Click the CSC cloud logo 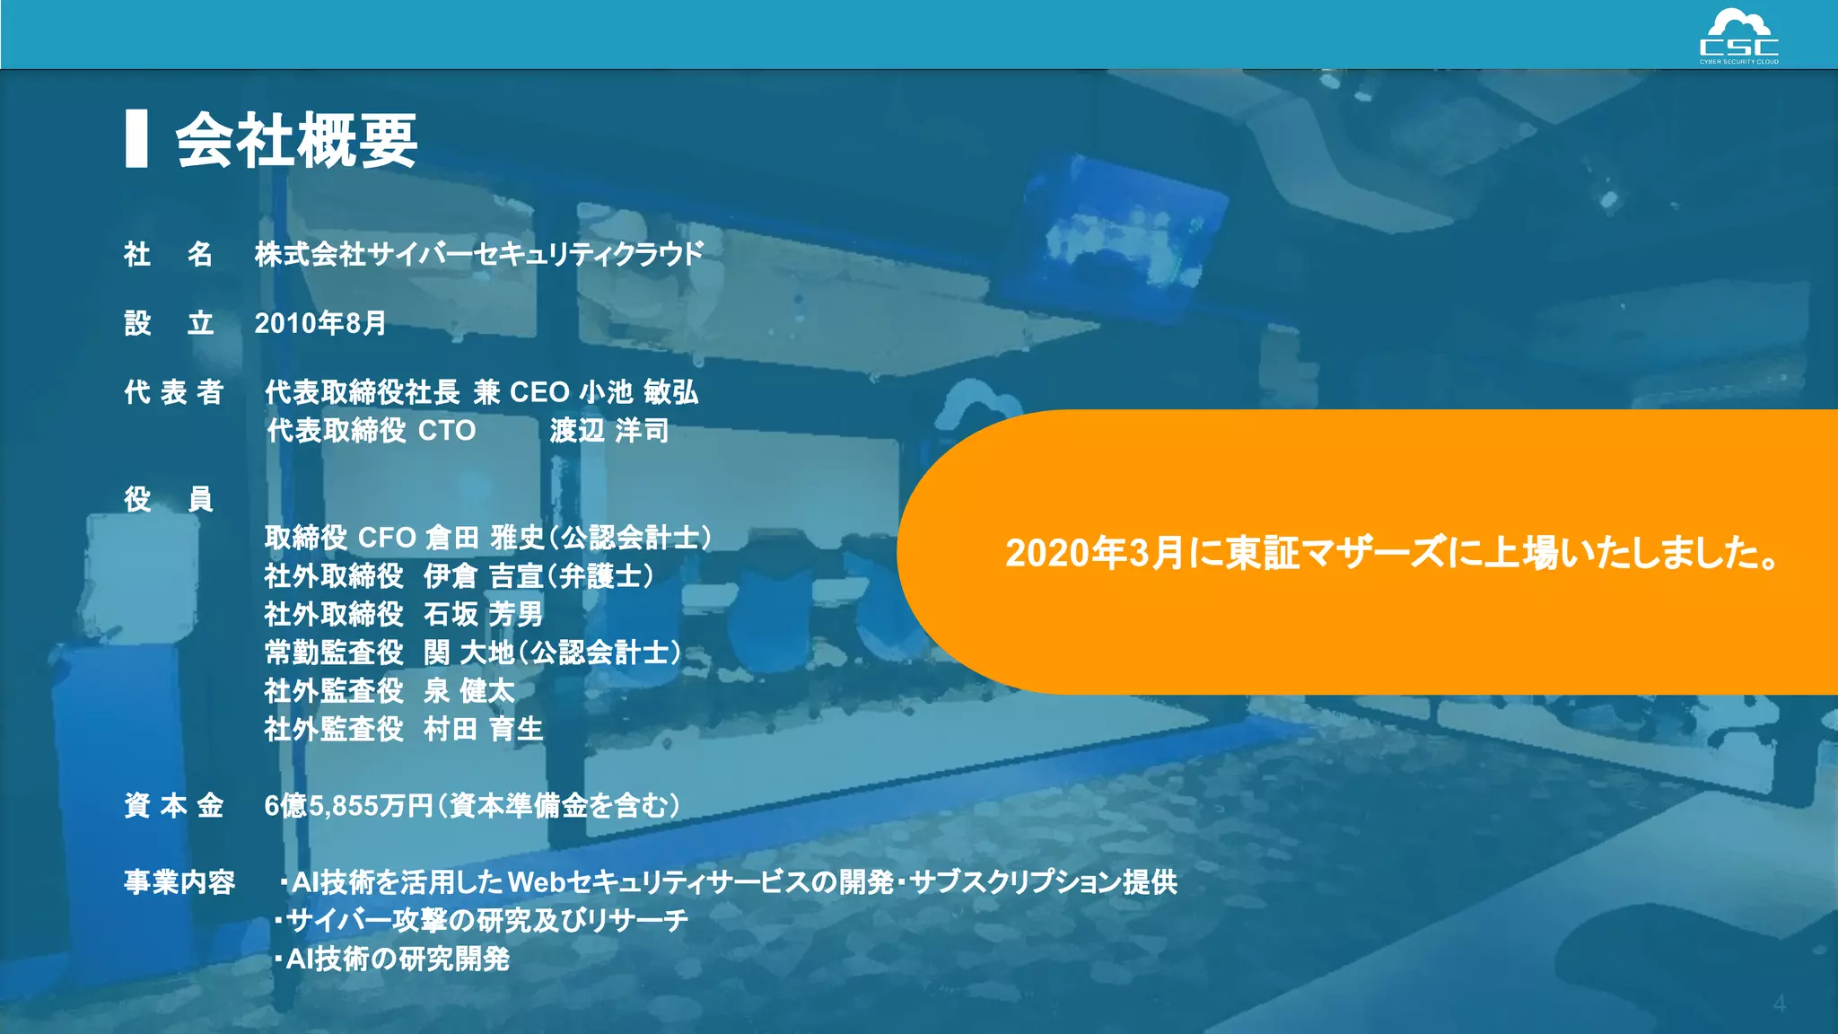(x=1738, y=36)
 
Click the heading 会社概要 (x=296, y=141)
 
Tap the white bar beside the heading (x=136, y=139)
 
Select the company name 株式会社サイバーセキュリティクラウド (x=478, y=255)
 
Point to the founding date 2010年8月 (x=320, y=323)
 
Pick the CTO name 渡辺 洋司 (x=609, y=431)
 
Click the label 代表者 (x=173, y=392)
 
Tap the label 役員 (x=169, y=499)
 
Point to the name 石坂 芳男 (x=483, y=615)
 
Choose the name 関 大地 (x=468, y=653)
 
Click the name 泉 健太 (x=468, y=691)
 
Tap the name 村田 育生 (x=483, y=729)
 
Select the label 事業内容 (x=179, y=882)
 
